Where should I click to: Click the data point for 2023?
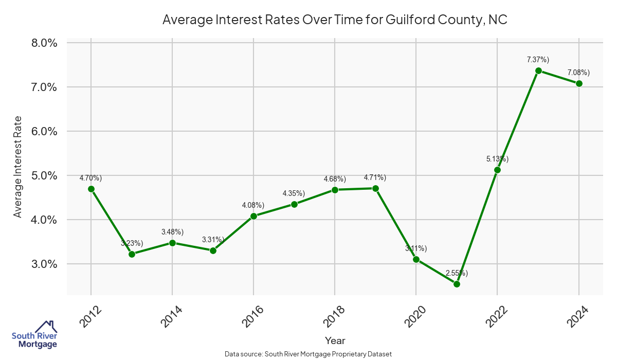[x=538, y=70]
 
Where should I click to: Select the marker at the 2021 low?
[x=457, y=284]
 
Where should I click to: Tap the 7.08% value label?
[x=578, y=72]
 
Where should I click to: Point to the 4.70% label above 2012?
[x=90, y=178]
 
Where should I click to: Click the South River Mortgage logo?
[x=34, y=334]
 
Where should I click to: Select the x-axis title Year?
[x=335, y=340]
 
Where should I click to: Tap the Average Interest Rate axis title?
[x=18, y=166]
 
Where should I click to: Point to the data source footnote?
[x=308, y=354]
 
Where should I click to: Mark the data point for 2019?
[x=375, y=188]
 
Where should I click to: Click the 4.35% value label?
[x=294, y=193]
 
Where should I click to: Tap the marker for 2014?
[x=172, y=243]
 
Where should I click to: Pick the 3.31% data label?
[x=212, y=240]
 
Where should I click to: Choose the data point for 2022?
[x=497, y=170]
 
